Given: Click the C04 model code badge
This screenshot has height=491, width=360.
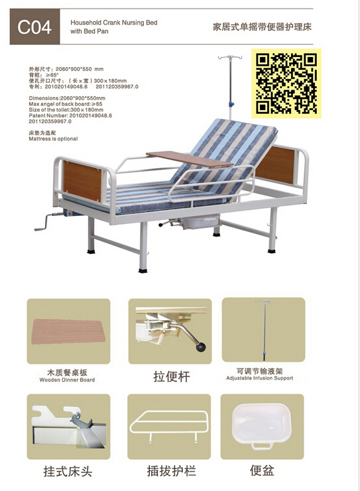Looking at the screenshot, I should [x=34, y=28].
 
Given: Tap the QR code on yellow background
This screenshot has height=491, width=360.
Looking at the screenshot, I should [x=286, y=82].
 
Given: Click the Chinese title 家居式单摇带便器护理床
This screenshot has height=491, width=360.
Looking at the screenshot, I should [x=262, y=28].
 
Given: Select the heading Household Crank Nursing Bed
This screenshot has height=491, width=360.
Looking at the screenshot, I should [x=114, y=23].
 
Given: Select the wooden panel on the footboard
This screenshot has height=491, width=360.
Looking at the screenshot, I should [x=82, y=181].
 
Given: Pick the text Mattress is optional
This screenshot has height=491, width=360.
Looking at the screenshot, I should [x=53, y=139].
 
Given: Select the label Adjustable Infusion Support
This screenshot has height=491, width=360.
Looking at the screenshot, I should [x=263, y=379].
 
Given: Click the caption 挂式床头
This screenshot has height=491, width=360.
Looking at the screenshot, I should [x=68, y=472].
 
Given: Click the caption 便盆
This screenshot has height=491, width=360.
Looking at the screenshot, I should [x=262, y=471].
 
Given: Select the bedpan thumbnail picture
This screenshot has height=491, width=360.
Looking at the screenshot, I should [x=262, y=427].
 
